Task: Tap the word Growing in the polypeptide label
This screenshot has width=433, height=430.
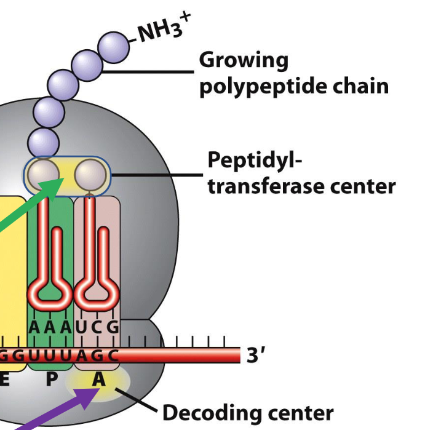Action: tap(243, 61)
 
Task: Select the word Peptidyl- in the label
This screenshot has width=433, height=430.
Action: tap(255, 161)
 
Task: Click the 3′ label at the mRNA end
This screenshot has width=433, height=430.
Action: tap(256, 356)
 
